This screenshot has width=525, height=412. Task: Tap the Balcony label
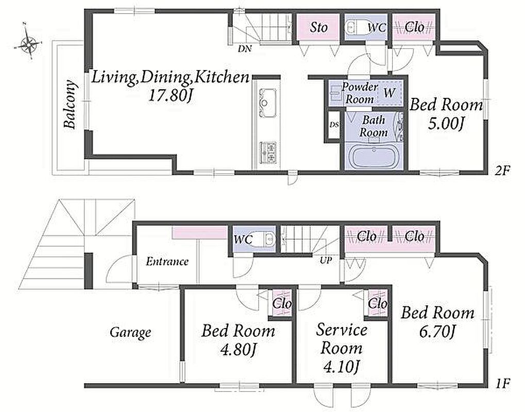tap(70, 105)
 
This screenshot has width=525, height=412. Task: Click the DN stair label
tap(245, 49)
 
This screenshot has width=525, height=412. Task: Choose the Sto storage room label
tap(318, 27)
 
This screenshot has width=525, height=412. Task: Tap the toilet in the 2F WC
tap(355, 27)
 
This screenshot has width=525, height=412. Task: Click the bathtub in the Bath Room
tap(373, 157)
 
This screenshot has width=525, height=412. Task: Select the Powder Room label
tap(360, 93)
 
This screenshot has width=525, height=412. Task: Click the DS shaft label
tap(334, 125)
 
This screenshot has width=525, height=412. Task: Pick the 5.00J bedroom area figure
tap(446, 125)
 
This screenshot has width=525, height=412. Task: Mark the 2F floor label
tap(502, 171)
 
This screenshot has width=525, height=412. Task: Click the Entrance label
tap(167, 262)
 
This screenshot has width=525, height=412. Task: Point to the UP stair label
tap(326, 260)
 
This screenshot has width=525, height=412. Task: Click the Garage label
tap(130, 332)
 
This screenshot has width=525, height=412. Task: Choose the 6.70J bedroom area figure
tap(437, 332)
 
